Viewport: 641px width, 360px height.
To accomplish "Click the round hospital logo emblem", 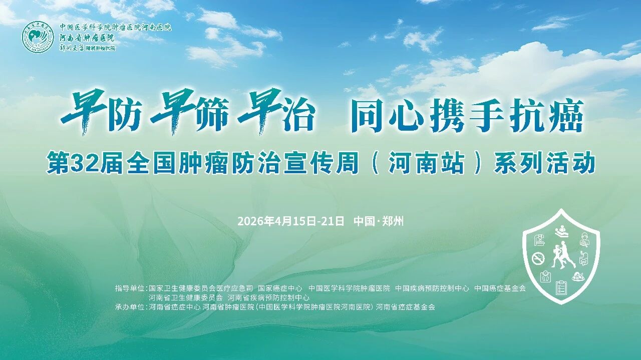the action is (x=38, y=38).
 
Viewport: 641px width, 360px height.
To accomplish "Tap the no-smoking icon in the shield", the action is (x=538, y=258).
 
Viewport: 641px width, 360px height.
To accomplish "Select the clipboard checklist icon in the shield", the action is (x=561, y=287).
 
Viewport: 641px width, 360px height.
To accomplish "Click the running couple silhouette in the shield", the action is (x=562, y=255).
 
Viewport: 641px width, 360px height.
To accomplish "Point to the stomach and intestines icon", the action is (x=584, y=258).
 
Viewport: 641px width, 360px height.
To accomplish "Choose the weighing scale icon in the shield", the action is (x=545, y=276).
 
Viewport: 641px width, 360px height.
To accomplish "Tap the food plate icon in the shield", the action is (x=578, y=276).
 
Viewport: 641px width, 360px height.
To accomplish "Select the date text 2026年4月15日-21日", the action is (x=291, y=221).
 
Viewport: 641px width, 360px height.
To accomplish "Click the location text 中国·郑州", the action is (x=379, y=221).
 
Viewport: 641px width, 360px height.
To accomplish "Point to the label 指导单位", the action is (x=130, y=288).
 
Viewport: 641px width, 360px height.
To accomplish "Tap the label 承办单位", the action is (x=130, y=307).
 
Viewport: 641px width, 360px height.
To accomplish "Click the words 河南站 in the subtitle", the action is (x=426, y=164).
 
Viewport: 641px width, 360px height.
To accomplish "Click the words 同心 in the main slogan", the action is (x=388, y=116).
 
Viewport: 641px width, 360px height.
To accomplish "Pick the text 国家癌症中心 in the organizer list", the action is (x=280, y=288).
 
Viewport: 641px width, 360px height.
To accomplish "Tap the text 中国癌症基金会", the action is (x=500, y=288).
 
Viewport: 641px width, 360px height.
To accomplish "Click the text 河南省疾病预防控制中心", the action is (x=268, y=297).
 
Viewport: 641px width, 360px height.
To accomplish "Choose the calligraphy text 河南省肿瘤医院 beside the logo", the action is (x=87, y=38).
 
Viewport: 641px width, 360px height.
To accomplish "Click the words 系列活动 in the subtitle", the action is (x=544, y=164).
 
